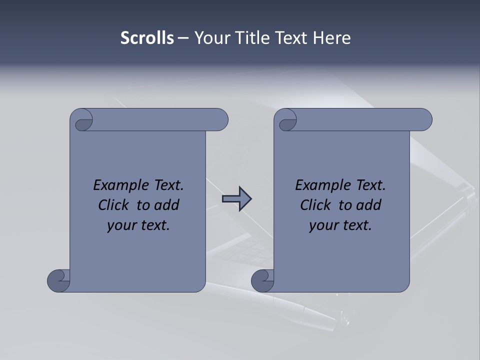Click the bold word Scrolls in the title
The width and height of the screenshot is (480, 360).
(147, 38)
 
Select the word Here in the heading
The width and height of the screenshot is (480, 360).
(332, 38)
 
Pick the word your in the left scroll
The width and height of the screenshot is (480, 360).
(119, 225)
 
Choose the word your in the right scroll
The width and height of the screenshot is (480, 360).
(321, 225)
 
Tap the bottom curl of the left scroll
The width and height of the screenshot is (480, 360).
(59, 280)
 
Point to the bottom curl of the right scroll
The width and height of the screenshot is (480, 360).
(262, 280)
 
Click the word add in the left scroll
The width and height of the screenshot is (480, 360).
(166, 205)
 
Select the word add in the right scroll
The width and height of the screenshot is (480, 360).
(368, 205)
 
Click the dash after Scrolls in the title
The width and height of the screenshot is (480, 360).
(183, 38)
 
